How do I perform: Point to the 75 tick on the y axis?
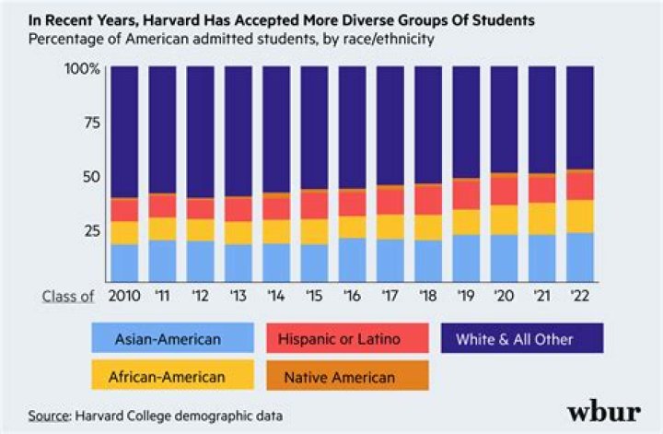pyautogui.click(x=90, y=123)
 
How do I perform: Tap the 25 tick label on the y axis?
pyautogui.click(x=90, y=230)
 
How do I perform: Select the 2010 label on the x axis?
pyautogui.click(x=123, y=296)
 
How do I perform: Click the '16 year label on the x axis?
pyautogui.click(x=352, y=296)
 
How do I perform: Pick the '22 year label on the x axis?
pyautogui.click(x=579, y=296)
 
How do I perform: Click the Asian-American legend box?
pyautogui.click(x=168, y=339)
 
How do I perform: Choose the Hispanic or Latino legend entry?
pyautogui.click(x=341, y=339)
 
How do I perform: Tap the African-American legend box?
pyautogui.click(x=168, y=377)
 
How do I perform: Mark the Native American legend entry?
pyautogui.click(x=341, y=377)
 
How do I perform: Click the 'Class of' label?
pyautogui.click(x=68, y=296)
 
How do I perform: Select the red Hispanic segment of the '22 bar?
pyautogui.click(x=579, y=185)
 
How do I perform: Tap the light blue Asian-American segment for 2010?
pyautogui.click(x=123, y=262)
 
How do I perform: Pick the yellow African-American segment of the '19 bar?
pyautogui.click(x=466, y=222)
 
